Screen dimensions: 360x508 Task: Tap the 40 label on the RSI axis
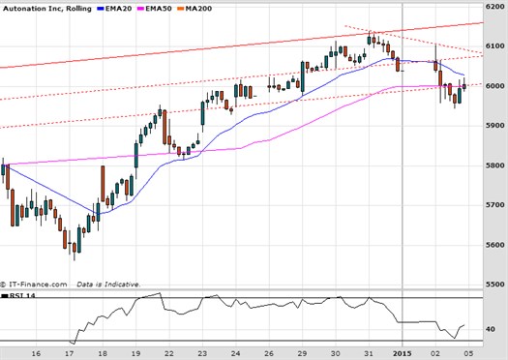(x=490, y=330)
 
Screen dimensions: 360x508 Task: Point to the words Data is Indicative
(x=110, y=285)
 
